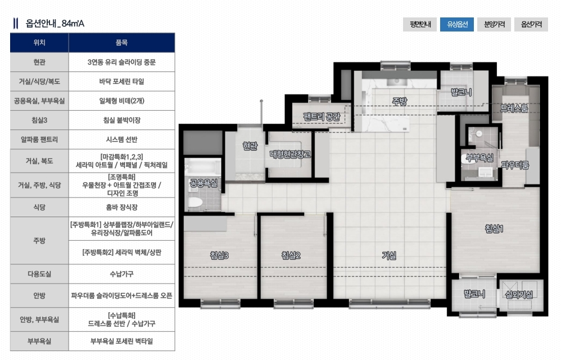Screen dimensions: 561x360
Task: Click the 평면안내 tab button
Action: pos(420,24)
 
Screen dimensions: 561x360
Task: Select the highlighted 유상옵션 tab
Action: pos(457,24)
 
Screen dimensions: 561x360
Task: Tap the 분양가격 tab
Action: pos(494,24)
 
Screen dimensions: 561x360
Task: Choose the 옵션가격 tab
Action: pos(531,24)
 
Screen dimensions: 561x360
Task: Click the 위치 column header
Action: pos(39,43)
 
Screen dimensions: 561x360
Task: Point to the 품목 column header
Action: pos(121,43)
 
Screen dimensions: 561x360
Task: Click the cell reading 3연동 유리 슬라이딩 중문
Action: pos(121,62)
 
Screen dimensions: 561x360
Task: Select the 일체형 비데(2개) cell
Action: pos(121,101)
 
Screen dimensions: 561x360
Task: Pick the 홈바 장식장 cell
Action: pos(121,207)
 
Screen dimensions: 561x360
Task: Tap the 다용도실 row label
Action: pos(39,274)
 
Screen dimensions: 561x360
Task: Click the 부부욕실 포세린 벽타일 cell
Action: pos(121,341)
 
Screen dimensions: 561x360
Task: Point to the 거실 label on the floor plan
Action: pos(389,255)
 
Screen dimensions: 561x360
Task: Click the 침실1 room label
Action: pos(494,228)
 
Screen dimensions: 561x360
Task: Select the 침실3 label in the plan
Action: pos(219,255)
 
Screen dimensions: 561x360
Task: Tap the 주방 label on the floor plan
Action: pos(399,102)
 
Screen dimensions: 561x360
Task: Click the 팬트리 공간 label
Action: pos(322,116)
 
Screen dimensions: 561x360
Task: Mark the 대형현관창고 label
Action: pos(290,154)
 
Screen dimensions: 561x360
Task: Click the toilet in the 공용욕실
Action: pos(195,202)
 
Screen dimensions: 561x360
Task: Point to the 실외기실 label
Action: pos(519,295)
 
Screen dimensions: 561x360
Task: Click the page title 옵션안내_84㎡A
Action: pos(55,24)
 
